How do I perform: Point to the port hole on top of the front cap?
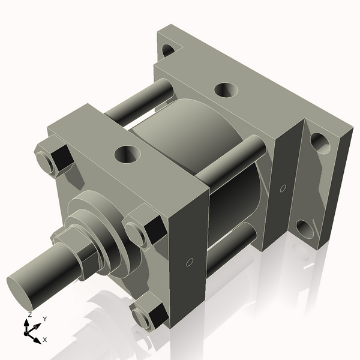pos(127,154)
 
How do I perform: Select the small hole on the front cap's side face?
pos(190,262)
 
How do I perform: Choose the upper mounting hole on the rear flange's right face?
pos(320,143)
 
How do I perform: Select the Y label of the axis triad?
pos(44,319)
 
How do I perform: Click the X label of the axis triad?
pos(44,340)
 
